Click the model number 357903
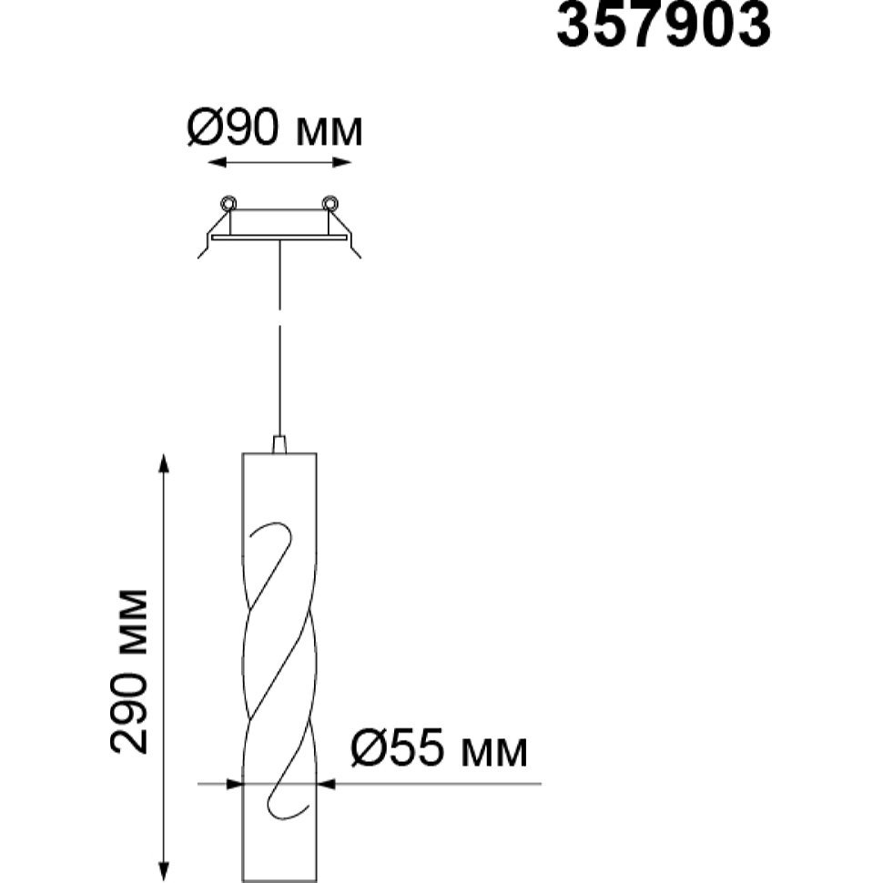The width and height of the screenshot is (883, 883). pos(663,25)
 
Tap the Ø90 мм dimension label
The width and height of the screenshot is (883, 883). pos(275,128)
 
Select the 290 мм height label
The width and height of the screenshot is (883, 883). pos(129,671)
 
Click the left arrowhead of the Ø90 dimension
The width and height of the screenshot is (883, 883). pos(218,163)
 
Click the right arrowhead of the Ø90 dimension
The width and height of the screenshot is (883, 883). pos(342,163)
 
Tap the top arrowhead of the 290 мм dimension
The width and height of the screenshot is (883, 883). pos(164,463)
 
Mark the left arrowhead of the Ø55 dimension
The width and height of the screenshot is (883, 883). pos(233,784)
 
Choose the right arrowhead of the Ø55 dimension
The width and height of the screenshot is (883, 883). pos(326,784)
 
